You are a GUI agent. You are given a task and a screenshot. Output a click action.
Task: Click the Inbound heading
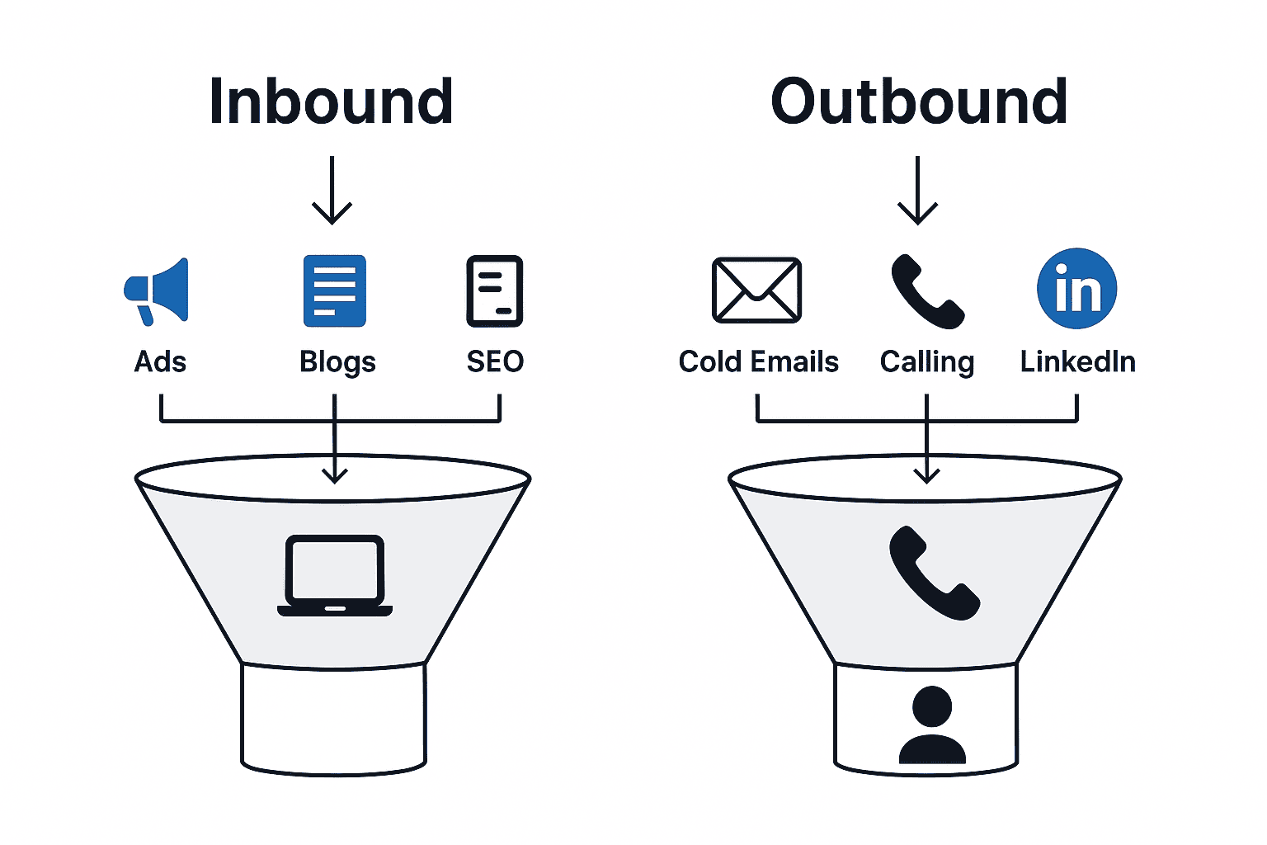tap(331, 102)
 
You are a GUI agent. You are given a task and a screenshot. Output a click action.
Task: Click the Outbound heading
tap(918, 102)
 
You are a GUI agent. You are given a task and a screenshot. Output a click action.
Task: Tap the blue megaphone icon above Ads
tap(158, 291)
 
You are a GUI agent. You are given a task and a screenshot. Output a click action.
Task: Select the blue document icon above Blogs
tap(334, 291)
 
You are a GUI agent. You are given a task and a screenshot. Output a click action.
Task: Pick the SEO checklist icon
tap(495, 291)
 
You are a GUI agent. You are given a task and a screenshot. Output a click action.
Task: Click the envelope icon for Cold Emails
tap(756, 290)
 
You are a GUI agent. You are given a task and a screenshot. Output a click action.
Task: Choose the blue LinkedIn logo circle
tap(1076, 289)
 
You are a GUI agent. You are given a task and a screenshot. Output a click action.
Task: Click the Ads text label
tap(160, 361)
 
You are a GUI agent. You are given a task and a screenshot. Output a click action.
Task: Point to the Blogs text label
tap(337, 362)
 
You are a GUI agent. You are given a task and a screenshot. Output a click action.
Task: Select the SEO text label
tap(495, 361)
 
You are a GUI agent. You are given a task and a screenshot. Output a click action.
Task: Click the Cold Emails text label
tap(758, 361)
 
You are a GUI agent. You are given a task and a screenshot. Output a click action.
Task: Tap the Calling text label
tap(927, 362)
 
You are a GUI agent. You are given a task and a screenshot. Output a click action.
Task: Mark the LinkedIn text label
tap(1077, 361)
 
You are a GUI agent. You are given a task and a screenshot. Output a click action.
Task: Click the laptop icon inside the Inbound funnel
tap(335, 576)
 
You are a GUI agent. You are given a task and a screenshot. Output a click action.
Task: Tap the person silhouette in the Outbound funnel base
tap(932, 725)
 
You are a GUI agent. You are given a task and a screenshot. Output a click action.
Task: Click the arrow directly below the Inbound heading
tap(332, 191)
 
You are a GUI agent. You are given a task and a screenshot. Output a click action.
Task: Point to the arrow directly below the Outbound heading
tap(917, 191)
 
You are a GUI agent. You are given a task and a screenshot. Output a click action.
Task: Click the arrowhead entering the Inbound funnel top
tap(334, 474)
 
